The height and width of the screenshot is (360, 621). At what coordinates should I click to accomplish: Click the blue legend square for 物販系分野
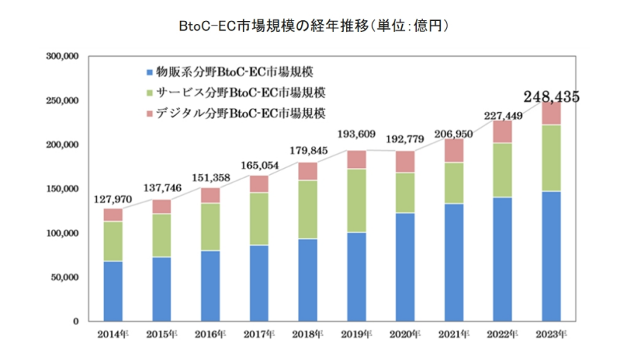click(149, 73)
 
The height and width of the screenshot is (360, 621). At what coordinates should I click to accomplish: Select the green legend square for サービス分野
click(149, 93)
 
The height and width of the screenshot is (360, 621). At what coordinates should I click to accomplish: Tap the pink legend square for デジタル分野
click(149, 114)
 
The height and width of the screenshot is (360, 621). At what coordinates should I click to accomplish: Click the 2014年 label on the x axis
click(113, 333)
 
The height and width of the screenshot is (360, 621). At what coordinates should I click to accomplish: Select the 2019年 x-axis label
click(356, 333)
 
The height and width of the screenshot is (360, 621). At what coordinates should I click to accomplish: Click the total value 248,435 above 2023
click(552, 96)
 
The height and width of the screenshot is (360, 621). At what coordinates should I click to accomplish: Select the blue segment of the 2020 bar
click(405, 267)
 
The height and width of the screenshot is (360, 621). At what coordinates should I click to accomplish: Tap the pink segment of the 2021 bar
click(454, 150)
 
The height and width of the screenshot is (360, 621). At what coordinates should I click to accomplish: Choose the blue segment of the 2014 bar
click(113, 291)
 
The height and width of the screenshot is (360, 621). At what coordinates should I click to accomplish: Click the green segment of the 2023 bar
click(552, 158)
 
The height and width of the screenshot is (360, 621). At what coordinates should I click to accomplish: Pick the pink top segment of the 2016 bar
click(211, 195)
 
